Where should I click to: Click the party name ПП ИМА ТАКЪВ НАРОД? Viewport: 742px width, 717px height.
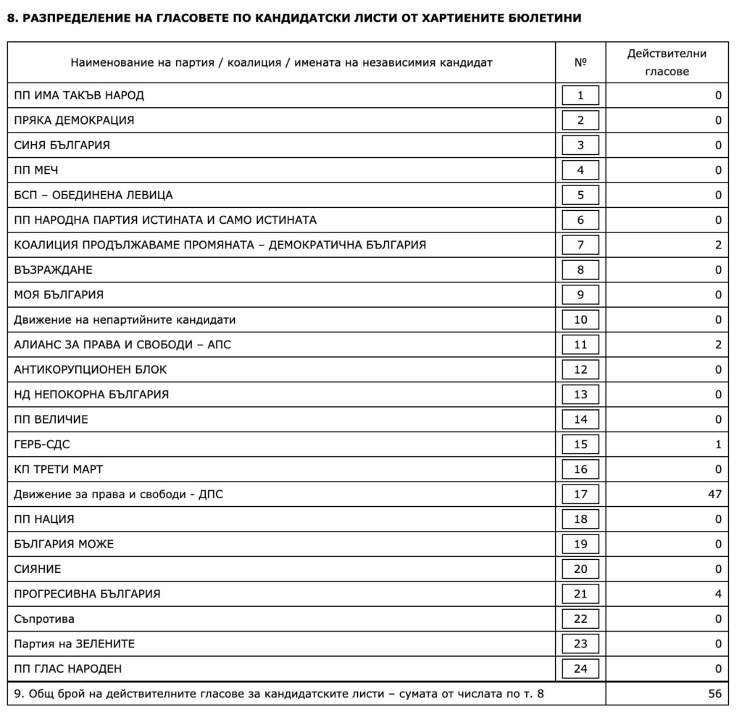79,96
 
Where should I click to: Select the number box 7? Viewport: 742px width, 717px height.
580,245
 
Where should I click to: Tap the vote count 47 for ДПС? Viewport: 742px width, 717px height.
714,494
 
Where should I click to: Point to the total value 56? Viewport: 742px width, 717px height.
714,694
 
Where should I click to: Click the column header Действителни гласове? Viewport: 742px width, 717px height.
667,62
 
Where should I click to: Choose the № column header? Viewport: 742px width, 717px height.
580,62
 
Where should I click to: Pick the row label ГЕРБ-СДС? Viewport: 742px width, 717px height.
42,445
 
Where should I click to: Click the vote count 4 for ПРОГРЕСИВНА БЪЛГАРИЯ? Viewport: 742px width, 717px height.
718,594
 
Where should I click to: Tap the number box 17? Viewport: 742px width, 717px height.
580,494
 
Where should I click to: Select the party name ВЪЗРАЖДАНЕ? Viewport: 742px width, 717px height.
54,270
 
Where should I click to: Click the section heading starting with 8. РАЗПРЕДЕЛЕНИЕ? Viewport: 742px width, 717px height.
293,17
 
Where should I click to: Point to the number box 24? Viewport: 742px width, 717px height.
580,668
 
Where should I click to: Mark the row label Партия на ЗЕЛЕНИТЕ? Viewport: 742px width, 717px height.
75,644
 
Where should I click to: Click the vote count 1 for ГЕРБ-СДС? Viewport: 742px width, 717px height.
718,445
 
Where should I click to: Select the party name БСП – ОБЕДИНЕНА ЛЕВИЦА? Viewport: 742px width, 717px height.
93,195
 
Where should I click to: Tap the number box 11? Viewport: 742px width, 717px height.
580,345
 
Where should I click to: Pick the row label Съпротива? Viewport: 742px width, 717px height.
44,619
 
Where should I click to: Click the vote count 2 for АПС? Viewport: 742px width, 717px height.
718,345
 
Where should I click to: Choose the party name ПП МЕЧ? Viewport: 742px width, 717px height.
36,170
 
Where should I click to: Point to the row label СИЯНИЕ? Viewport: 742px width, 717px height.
38,569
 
